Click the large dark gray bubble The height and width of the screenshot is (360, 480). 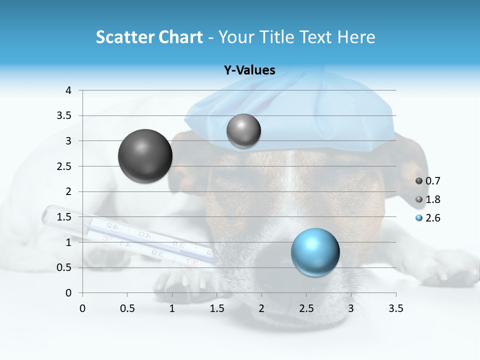[145, 156]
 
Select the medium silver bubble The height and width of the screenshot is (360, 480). [243, 131]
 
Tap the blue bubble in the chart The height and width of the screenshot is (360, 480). [315, 252]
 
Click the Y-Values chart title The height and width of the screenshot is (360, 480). [249, 70]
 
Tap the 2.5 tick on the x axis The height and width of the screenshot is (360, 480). [306, 308]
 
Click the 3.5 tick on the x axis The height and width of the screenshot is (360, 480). [395, 308]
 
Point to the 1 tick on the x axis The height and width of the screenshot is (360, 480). [172, 308]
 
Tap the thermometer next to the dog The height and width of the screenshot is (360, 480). [125, 235]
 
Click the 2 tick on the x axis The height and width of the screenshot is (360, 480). [261, 308]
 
